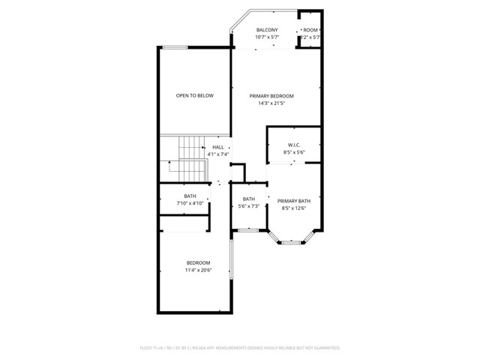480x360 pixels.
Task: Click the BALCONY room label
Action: tap(266, 30)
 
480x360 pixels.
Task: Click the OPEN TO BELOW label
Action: tap(194, 96)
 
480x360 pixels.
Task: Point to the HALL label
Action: tap(217, 147)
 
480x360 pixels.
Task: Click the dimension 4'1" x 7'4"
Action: tap(217, 154)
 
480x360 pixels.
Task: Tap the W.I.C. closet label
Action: tap(294, 145)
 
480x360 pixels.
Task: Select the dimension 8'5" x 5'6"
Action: tap(294, 152)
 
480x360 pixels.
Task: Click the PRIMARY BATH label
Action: tap(294, 201)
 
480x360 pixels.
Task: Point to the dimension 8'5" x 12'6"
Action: tap(294, 208)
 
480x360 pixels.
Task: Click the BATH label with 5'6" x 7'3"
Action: tap(248, 199)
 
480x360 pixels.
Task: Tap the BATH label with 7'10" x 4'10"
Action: tap(190, 196)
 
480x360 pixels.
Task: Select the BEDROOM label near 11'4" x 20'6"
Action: tap(199, 262)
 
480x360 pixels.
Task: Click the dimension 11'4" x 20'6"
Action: tap(199, 270)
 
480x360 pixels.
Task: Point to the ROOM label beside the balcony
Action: tap(310, 30)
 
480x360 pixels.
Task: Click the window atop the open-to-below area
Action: tap(175, 48)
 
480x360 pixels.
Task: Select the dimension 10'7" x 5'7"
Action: tap(266, 37)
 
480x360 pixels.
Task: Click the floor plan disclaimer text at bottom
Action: tap(240, 348)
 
